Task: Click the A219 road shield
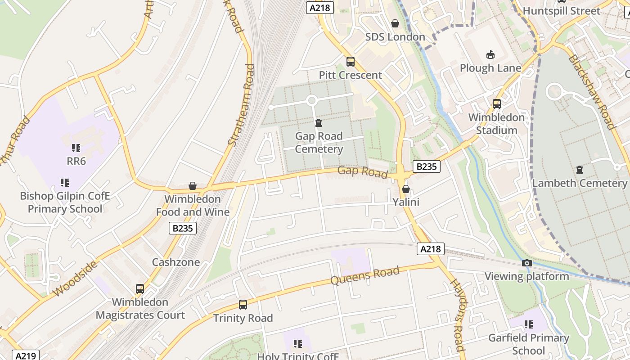[26, 355]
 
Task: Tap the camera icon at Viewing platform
[526, 263]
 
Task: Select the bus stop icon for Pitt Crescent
[350, 62]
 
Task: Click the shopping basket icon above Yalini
[405, 189]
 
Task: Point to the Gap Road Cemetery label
[319, 143]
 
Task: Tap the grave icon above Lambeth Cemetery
[579, 170]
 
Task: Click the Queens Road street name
[364, 275]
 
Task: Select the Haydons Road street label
[457, 315]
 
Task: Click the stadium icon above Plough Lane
[490, 55]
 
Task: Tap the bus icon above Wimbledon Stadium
[496, 104]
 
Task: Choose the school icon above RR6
[76, 148]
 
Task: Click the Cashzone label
[175, 262]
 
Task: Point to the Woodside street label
[75, 279]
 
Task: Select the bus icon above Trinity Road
[243, 305]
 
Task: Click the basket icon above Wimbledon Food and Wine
[193, 186]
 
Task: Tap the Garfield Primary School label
[529, 344]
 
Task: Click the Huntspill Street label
[561, 11]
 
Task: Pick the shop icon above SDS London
[395, 23]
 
